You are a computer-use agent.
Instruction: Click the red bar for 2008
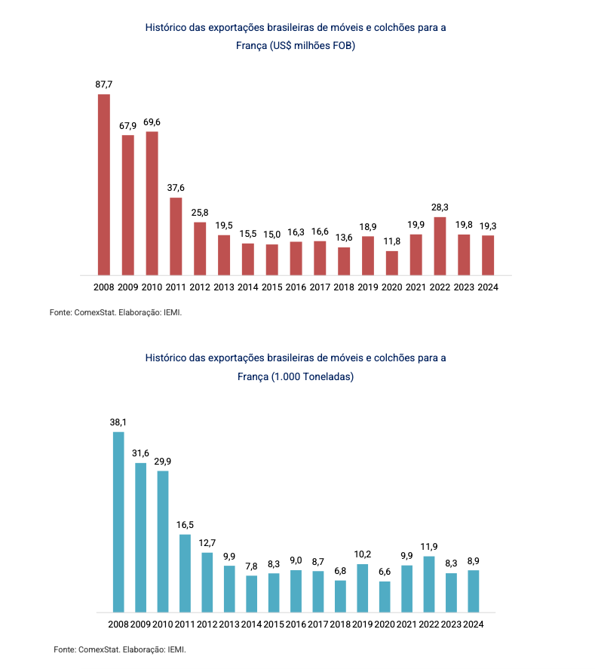104,185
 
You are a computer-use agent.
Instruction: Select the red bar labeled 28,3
440,246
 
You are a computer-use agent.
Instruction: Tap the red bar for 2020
392,262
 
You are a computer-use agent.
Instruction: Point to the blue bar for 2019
363,588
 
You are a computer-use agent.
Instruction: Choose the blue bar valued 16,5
185,573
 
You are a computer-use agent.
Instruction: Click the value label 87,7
103,84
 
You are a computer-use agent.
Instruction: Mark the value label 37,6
176,188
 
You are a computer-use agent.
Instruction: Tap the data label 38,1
118,422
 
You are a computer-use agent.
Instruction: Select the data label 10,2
363,554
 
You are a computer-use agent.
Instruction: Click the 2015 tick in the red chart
272,287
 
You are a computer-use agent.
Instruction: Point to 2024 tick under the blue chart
474,624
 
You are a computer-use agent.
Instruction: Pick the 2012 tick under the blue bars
207,624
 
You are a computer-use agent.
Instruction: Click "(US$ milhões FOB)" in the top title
311,46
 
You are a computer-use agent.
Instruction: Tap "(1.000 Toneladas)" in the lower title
313,376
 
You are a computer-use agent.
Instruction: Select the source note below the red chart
116,311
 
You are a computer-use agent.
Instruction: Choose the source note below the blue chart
120,649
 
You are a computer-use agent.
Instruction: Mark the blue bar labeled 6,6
385,597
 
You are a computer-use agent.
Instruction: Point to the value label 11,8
392,241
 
